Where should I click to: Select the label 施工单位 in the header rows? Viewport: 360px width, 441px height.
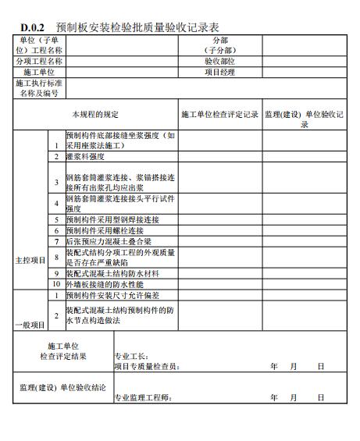[x=39, y=72]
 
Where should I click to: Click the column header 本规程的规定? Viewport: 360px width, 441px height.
[x=96, y=114]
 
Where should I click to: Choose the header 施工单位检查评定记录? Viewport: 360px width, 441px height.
[x=219, y=114]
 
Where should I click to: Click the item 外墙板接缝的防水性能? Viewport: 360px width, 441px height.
[x=102, y=285]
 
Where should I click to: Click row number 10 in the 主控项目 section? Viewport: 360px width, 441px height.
[x=56, y=285]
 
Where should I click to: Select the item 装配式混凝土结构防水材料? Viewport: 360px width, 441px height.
[x=112, y=274]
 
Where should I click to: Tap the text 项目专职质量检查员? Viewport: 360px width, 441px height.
[x=146, y=366]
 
